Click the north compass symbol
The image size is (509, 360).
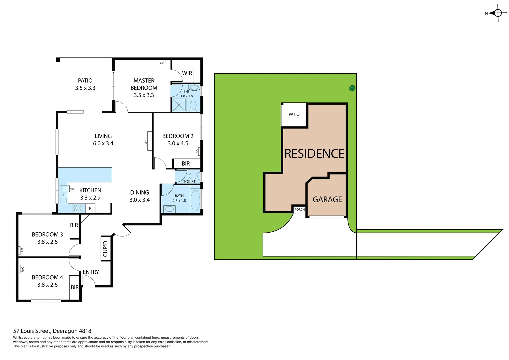click(498, 13)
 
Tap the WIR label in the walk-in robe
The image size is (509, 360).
click(187, 73)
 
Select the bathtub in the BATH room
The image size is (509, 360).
click(195, 200)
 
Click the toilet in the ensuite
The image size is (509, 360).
click(193, 106)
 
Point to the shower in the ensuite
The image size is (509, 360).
click(179, 105)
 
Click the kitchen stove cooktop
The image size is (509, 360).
click(77, 208)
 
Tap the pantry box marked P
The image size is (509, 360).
click(90, 209)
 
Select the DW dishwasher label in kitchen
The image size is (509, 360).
click(71, 189)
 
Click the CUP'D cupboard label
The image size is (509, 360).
click(105, 248)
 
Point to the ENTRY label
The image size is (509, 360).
click(91, 272)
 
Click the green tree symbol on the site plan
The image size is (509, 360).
click(352, 88)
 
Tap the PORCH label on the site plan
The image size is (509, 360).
click(300, 210)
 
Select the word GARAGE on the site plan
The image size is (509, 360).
click(327, 199)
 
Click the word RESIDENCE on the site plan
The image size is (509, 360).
click(314, 154)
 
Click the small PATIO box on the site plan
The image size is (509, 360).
click(294, 115)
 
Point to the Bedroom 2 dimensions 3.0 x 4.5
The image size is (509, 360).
click(178, 143)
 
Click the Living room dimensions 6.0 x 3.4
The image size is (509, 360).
click(103, 143)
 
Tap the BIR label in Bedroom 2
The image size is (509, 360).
click(186, 163)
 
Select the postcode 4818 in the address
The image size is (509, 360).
click(85, 331)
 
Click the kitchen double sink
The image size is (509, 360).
click(63, 197)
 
